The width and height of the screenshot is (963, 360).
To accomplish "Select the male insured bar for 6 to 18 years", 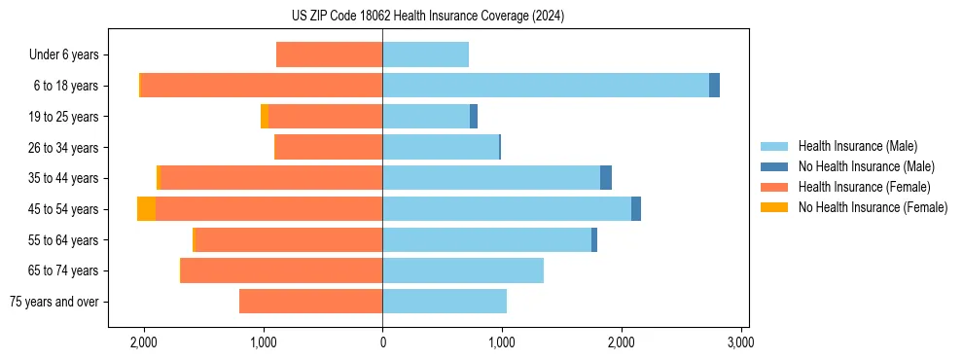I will [545, 86].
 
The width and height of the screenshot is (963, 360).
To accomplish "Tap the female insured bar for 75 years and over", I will [310, 302].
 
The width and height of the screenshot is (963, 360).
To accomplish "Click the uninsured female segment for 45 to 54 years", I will [146, 209].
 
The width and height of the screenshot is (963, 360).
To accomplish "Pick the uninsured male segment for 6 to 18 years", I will [714, 86].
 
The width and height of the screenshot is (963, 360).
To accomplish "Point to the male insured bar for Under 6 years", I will [425, 54].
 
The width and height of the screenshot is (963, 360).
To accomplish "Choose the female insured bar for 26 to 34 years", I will [329, 147].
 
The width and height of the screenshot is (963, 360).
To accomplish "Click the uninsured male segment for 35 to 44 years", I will [606, 178].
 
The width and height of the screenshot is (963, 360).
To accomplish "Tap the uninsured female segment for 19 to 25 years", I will [265, 117].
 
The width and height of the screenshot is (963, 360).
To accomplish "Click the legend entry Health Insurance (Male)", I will [857, 146].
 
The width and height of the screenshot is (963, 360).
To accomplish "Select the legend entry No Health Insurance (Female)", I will [873, 207].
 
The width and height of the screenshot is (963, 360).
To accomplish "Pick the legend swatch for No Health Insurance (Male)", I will [775, 166].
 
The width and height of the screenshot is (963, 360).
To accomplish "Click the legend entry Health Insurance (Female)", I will [864, 187].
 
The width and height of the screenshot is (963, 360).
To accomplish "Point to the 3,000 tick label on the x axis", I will [741, 342].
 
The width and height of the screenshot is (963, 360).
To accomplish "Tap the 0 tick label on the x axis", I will [382, 342].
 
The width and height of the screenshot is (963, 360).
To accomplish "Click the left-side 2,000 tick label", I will [143, 342].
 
